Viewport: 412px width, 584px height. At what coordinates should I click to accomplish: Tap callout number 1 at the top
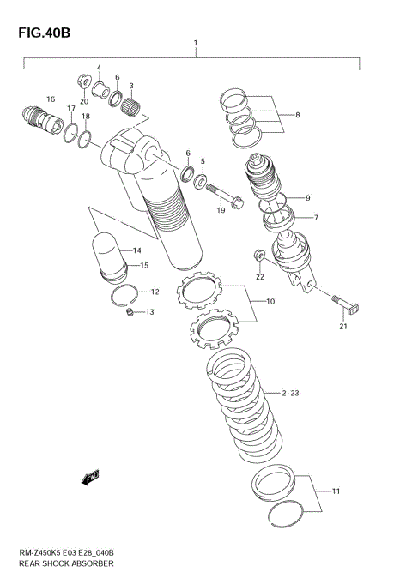coord(196,43)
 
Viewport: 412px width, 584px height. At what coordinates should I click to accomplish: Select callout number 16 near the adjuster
coord(51,99)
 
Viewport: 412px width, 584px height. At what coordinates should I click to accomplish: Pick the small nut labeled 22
coord(258,255)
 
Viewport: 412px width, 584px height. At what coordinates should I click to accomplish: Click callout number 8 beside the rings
coord(297,114)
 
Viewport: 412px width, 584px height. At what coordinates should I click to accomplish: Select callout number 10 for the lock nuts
coord(270,301)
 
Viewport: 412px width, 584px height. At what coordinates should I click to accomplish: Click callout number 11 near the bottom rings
coord(336,491)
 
